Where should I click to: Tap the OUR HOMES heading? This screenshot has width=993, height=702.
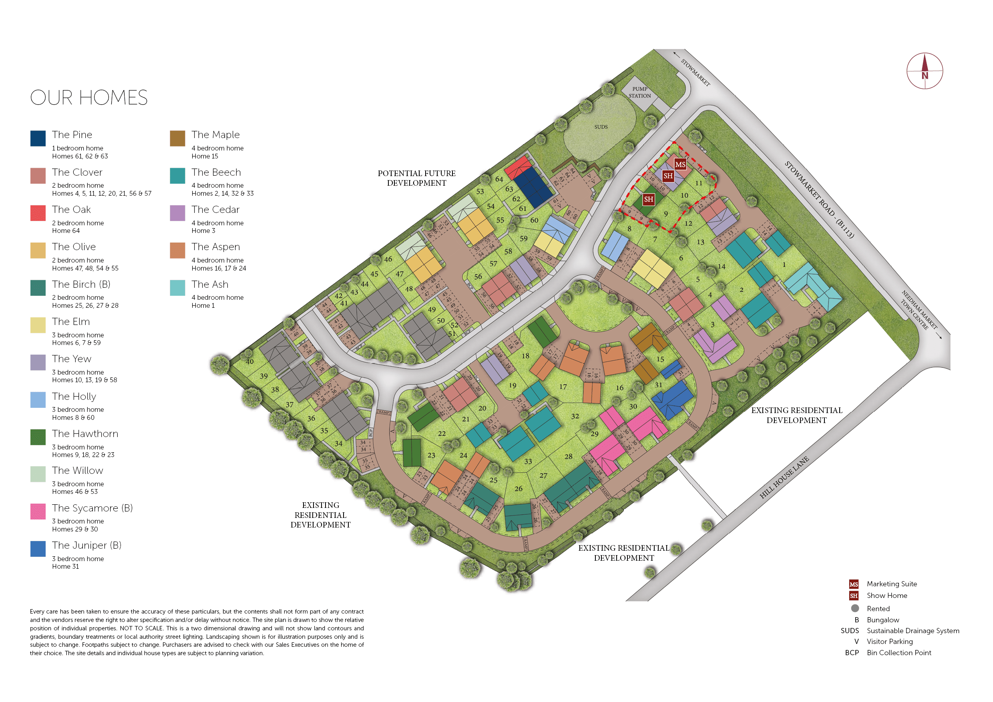point(88,98)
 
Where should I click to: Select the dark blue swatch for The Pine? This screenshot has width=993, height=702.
point(38,138)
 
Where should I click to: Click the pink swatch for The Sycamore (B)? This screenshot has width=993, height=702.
point(38,511)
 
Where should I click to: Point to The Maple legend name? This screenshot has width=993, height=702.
point(215,135)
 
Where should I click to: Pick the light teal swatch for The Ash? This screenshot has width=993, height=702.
point(177,288)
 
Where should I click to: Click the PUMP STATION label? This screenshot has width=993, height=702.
point(640,92)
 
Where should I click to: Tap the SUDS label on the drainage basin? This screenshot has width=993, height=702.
point(601,127)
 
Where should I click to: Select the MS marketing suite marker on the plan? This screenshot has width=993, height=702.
point(680,164)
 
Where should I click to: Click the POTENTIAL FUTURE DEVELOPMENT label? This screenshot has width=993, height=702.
point(416,178)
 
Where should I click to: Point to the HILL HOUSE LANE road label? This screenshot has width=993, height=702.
point(784,477)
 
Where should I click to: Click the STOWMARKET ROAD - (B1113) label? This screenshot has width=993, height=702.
point(819,199)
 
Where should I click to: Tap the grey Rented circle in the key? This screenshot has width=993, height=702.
point(854,608)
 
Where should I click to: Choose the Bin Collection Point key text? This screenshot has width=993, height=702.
point(899,653)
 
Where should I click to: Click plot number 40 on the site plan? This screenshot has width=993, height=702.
point(249,362)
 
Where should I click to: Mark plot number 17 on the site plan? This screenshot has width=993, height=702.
point(563,387)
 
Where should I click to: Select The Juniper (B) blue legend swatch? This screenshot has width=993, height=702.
point(38,549)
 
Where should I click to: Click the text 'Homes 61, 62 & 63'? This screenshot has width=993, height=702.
point(80,156)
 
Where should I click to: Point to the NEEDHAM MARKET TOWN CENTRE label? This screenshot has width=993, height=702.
point(919,310)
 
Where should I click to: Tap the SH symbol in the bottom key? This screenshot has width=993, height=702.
point(853,596)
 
